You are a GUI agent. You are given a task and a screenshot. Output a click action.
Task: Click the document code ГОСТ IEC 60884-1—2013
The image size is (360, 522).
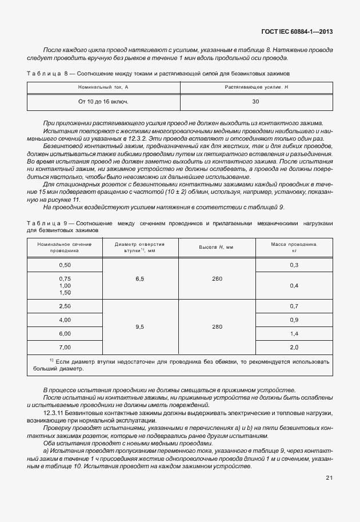click(295, 31)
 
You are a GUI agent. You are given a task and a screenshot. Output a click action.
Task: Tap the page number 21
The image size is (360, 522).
click(329, 478)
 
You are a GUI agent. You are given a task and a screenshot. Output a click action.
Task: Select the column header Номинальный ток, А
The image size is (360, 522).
click(103, 86)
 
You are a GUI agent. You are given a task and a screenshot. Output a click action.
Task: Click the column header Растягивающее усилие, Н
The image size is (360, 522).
click(255, 86)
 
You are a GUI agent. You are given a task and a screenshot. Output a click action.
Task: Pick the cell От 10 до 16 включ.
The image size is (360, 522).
click(103, 101)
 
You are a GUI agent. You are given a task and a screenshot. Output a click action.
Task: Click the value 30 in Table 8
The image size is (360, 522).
click(255, 101)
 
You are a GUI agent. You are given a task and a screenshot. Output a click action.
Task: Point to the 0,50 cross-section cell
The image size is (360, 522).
click(65, 265)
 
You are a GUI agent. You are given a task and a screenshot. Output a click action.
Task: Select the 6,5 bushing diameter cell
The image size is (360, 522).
click(140, 279)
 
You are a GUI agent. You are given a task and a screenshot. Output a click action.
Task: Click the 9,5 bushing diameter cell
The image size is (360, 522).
click(140, 327)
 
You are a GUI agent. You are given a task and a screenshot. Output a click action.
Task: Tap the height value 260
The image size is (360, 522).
click(217, 279)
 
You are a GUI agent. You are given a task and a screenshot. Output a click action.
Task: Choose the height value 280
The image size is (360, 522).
click(217, 327)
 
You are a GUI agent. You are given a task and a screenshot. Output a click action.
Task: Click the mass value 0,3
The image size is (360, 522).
click(294, 265)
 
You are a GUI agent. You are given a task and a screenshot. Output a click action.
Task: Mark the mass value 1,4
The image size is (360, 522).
click(294, 333)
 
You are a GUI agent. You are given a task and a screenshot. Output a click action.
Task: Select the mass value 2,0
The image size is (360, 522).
click(294, 348)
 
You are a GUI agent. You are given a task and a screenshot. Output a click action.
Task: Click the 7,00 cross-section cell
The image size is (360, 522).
click(65, 348)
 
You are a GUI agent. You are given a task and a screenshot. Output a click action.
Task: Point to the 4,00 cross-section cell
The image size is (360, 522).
click(65, 320)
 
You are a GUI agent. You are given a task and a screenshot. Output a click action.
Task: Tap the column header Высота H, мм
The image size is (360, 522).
click(217, 247)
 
